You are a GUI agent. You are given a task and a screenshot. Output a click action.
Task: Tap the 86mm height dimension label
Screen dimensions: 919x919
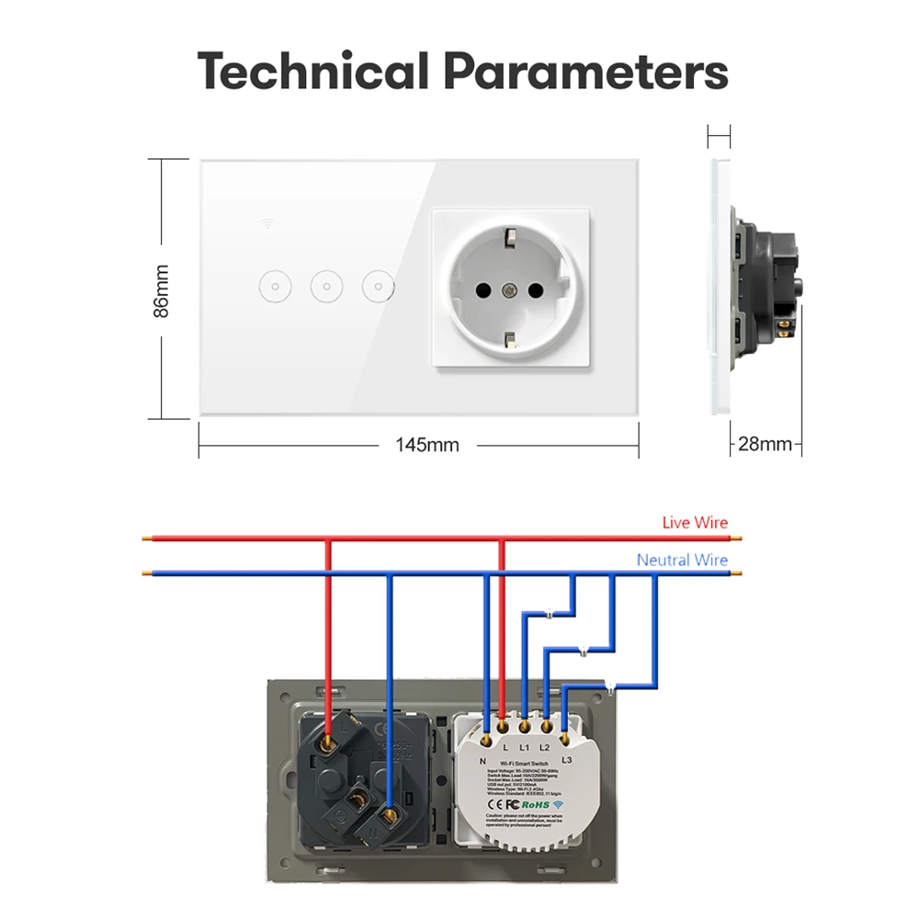(163, 290)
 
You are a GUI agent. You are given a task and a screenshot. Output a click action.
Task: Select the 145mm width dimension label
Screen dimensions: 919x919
(427, 446)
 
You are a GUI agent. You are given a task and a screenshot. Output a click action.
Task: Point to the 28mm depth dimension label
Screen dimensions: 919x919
(765, 445)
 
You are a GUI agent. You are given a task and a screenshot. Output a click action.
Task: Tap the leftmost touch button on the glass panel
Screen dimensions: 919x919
(272, 287)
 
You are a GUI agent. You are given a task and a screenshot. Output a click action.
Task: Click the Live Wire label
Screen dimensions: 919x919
(695, 523)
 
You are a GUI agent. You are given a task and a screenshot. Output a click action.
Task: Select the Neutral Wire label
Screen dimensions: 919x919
(682, 560)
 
